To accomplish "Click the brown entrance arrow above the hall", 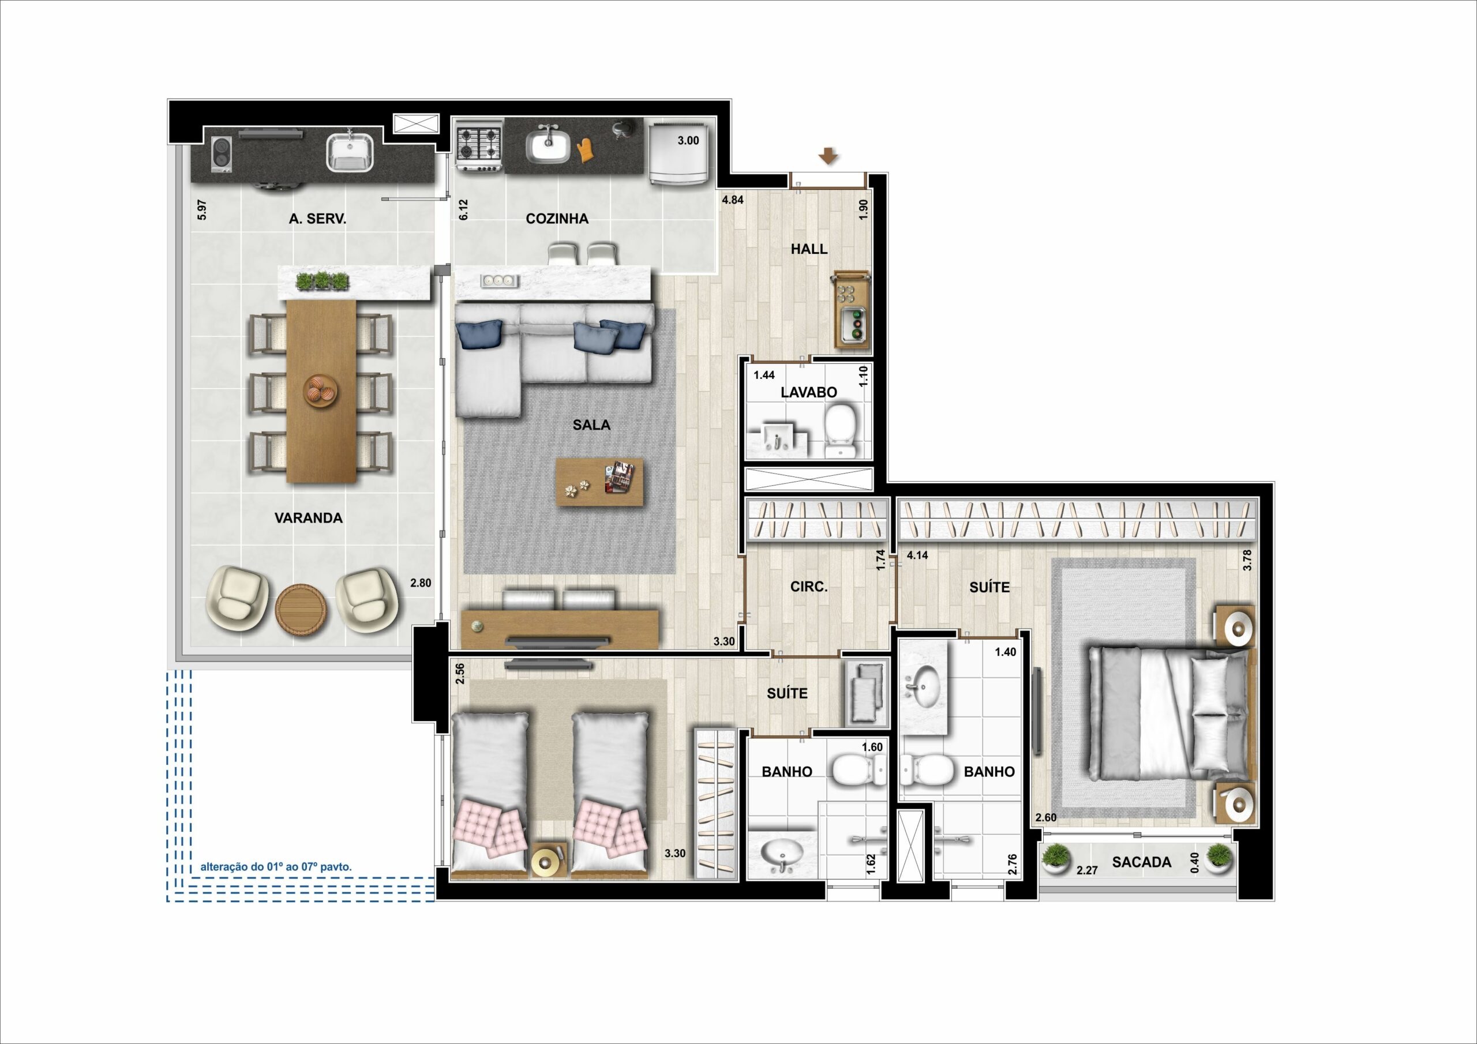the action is (828, 156).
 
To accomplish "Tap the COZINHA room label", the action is (557, 219).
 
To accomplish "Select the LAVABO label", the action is (809, 392).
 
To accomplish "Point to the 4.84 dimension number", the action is (733, 200).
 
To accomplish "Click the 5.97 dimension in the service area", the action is (202, 211).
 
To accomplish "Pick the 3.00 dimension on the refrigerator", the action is (688, 140).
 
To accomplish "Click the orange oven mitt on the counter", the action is (585, 151).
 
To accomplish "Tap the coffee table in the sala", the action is (599, 482).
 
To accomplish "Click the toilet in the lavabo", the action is (840, 430).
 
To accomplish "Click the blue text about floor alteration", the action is (276, 867).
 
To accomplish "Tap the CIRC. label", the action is (809, 587).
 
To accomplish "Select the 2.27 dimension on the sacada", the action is (1087, 870).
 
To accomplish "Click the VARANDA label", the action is (308, 518).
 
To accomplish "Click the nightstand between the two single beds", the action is (549, 859).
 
